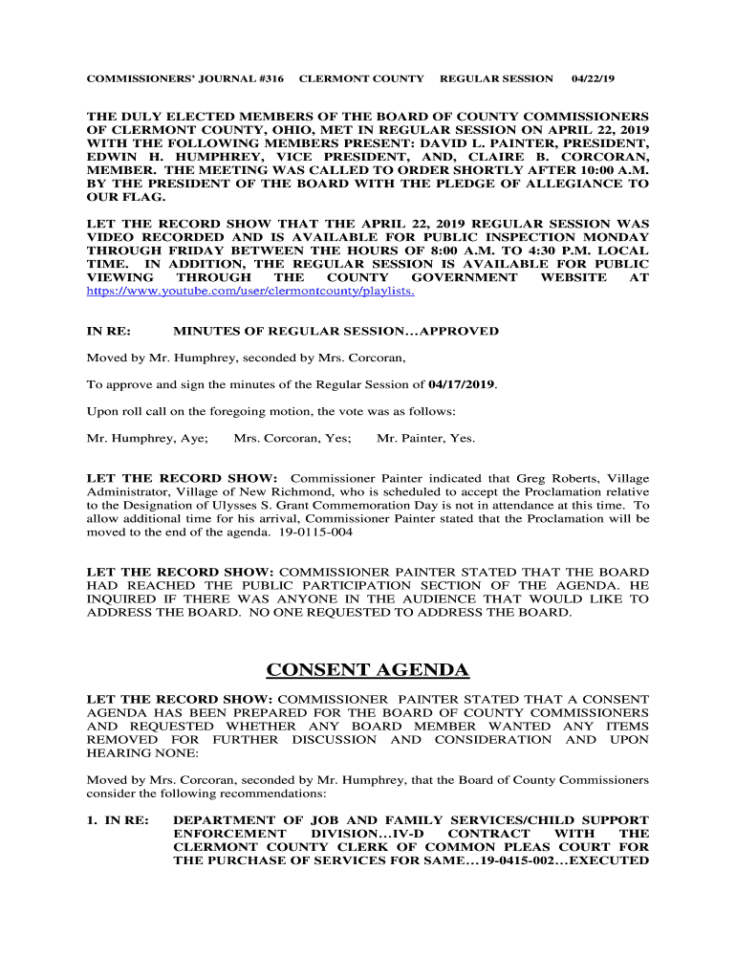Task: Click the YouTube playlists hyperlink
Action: tap(250, 291)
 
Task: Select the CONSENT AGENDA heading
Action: tap(368, 669)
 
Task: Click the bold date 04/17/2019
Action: tap(463, 384)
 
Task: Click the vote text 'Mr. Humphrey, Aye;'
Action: tap(147, 439)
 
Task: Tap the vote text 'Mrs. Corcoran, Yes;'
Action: tap(292, 439)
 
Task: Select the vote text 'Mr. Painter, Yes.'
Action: tap(426, 439)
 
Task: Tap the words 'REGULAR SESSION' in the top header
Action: tap(496, 78)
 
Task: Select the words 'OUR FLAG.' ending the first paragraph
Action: tap(126, 196)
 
